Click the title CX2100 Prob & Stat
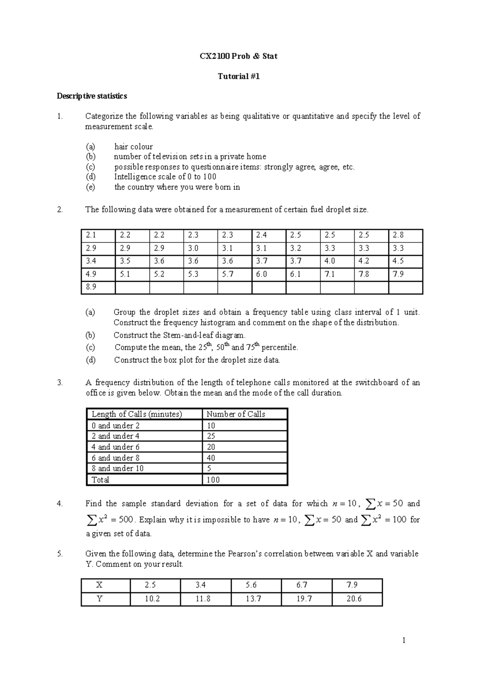(238, 56)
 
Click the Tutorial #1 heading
(238, 77)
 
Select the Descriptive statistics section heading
(92, 96)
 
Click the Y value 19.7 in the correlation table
(304, 599)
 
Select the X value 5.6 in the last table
(251, 585)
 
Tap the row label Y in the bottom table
(99, 599)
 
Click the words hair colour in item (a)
(134, 147)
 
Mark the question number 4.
(60, 504)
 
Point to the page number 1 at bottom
(404, 640)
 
